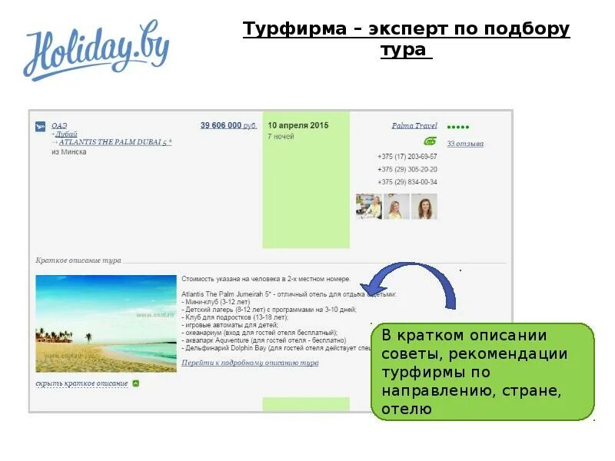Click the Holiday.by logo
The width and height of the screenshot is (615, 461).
pyautogui.click(x=96, y=52)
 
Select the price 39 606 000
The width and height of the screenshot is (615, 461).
pyautogui.click(x=221, y=125)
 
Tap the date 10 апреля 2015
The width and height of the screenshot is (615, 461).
pyautogui.click(x=298, y=125)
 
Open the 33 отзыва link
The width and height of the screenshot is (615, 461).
pyautogui.click(x=465, y=144)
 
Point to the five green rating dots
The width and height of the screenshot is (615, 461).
pyautogui.click(x=458, y=127)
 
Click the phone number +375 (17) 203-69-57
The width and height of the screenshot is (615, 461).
pyautogui.click(x=407, y=156)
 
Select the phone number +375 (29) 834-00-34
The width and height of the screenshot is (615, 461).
pyautogui.click(x=407, y=182)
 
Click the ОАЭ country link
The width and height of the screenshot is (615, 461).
pyautogui.click(x=60, y=125)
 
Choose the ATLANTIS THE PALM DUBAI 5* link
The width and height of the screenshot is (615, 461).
pyautogui.click(x=115, y=142)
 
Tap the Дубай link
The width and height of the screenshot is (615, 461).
pyautogui.click(x=67, y=134)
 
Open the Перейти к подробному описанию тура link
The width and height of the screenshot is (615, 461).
pyautogui.click(x=250, y=363)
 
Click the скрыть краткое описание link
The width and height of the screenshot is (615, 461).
pyautogui.click(x=81, y=383)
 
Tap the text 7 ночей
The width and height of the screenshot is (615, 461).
pyautogui.click(x=281, y=137)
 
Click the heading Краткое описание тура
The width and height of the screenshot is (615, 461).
pyautogui.click(x=78, y=260)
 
